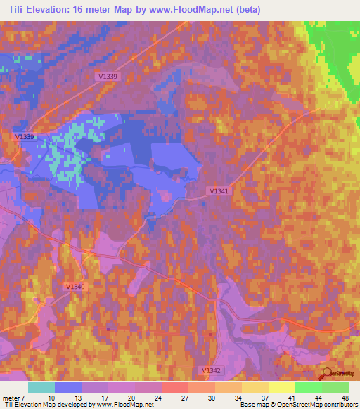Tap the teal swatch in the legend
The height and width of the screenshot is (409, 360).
pyautogui.click(x=41, y=387)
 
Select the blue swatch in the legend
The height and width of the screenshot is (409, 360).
pyautogui.click(x=68, y=387)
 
